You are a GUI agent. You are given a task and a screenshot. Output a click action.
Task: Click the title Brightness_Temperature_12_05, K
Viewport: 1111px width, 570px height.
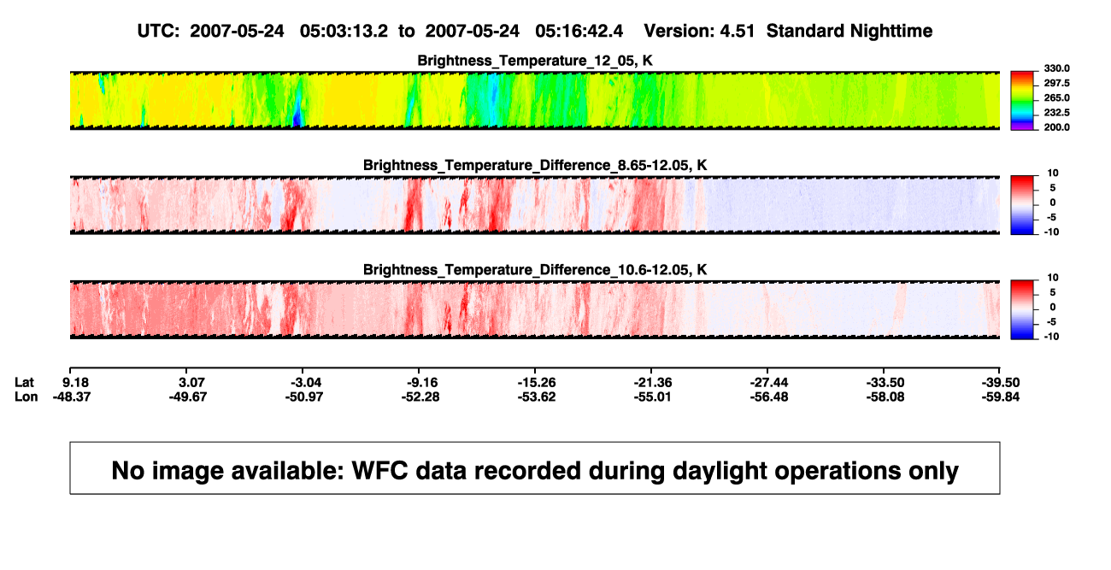click(x=535, y=61)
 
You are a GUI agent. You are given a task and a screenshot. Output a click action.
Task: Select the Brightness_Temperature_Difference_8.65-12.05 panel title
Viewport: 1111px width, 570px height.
click(x=535, y=165)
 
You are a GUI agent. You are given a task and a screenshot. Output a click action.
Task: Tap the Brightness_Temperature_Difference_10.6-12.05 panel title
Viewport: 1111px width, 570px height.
click(x=535, y=270)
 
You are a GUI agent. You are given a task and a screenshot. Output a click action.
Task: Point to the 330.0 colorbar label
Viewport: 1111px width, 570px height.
click(x=1056, y=68)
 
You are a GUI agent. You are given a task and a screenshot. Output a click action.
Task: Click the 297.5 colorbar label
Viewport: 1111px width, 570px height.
click(x=1056, y=84)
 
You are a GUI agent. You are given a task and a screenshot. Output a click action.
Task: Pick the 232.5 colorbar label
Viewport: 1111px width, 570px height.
click(x=1056, y=113)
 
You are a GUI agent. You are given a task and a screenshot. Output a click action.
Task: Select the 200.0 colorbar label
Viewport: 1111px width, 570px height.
click(x=1056, y=127)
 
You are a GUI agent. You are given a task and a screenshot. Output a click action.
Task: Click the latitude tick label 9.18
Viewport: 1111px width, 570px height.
click(x=75, y=383)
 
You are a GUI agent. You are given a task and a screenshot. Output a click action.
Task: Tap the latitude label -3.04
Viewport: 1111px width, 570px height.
click(x=305, y=383)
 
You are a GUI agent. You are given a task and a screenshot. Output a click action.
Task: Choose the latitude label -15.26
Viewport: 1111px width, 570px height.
click(x=537, y=383)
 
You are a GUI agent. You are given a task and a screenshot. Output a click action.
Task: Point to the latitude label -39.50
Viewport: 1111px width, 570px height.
click(x=1001, y=383)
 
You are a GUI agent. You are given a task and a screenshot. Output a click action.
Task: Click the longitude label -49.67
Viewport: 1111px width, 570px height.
click(x=188, y=397)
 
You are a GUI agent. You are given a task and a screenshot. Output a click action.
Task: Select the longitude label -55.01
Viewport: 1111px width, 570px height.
click(x=652, y=397)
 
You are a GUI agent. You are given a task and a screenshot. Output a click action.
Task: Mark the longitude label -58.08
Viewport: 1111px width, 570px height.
click(x=885, y=397)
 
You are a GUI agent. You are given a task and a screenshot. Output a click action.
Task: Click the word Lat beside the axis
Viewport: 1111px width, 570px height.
click(x=24, y=383)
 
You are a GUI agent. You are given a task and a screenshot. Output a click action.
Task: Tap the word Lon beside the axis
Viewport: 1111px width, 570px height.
click(x=26, y=397)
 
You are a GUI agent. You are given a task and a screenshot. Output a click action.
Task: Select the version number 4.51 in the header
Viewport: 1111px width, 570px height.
click(x=737, y=31)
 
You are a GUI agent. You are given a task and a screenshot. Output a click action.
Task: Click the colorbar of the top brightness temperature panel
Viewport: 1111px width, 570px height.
click(x=1022, y=101)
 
